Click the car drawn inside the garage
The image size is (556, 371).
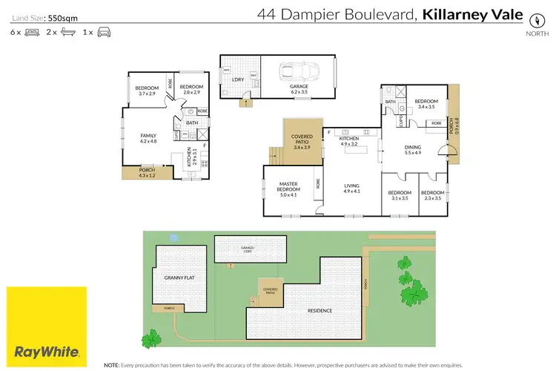click(297, 73)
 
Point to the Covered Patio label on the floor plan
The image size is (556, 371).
click(302, 141)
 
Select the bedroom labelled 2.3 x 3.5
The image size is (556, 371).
click(432, 195)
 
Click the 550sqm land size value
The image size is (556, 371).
click(62, 16)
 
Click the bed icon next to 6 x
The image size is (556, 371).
click(32, 33)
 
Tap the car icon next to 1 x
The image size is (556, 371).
click(104, 33)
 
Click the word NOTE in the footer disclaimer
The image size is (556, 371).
click(111, 365)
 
